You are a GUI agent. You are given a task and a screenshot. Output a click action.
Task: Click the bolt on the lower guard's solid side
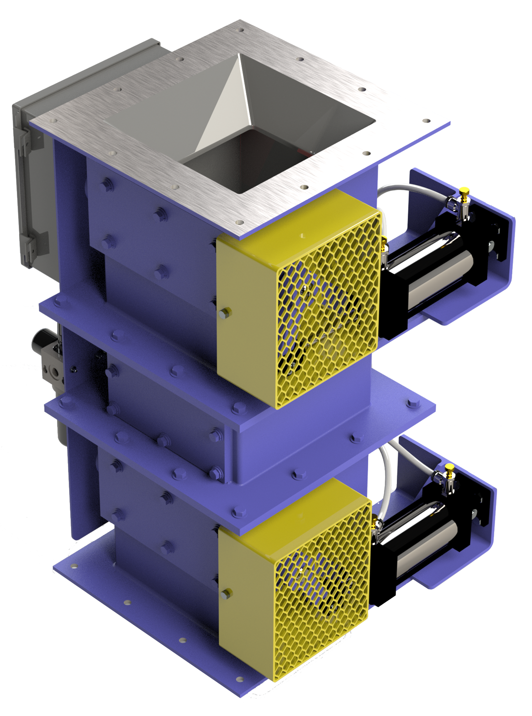(x=225, y=594)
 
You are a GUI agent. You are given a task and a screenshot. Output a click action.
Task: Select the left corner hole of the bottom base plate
(x=73, y=566)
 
